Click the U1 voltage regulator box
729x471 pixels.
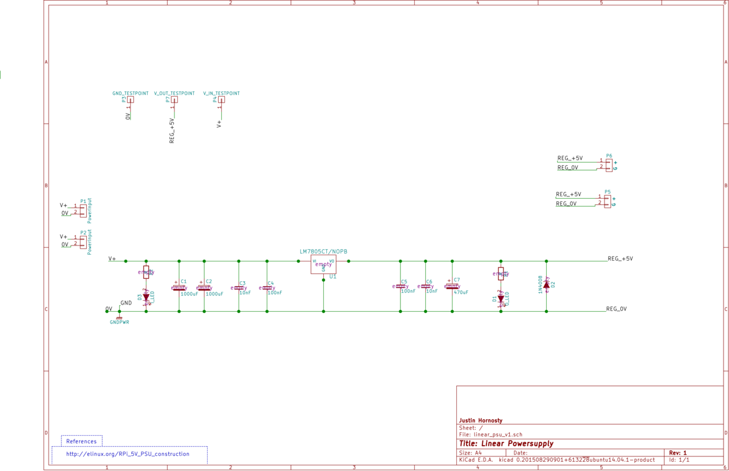click(x=323, y=264)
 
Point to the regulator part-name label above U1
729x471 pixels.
click(x=324, y=251)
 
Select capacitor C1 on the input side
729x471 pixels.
click(x=179, y=287)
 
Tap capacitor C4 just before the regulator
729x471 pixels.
click(x=267, y=287)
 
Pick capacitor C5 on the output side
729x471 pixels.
click(x=400, y=286)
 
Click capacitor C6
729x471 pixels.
click(x=425, y=286)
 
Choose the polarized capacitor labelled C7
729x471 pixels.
click(x=452, y=286)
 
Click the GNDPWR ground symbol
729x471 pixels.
click(x=119, y=318)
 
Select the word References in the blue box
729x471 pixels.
click(x=81, y=442)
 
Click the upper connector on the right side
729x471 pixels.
click(x=605, y=164)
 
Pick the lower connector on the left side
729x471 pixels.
click(x=79, y=241)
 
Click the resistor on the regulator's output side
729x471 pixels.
click(x=501, y=273)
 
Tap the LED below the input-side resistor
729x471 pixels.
click(x=146, y=297)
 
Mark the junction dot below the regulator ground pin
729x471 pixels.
click(x=323, y=311)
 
